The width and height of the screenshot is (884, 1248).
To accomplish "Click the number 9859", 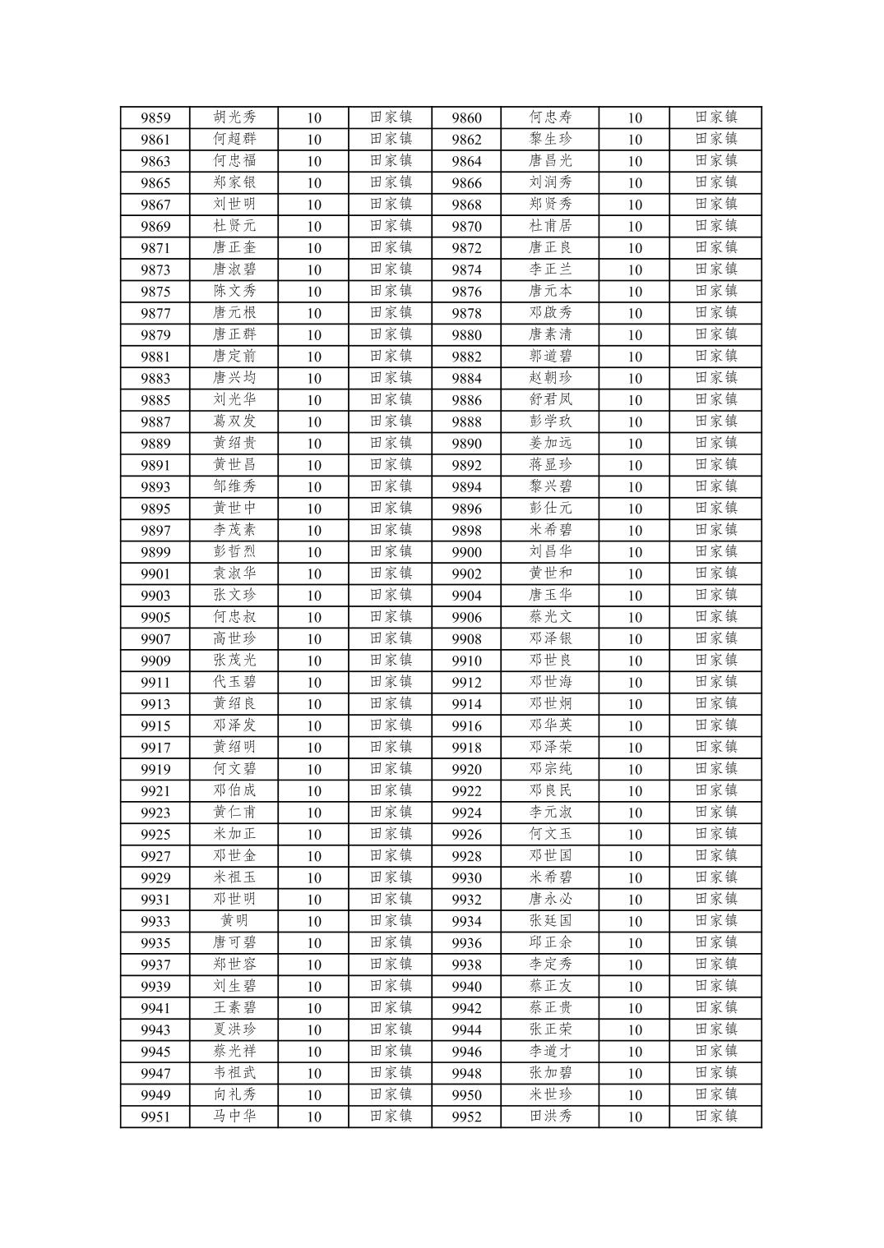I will [155, 117].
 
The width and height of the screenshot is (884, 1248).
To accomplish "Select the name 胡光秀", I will [234, 117].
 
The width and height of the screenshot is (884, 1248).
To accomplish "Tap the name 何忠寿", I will [550, 117].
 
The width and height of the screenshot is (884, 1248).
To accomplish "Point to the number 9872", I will [466, 248].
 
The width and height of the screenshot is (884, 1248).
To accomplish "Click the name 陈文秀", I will [234, 291].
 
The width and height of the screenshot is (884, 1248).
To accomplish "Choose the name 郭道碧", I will [550, 356].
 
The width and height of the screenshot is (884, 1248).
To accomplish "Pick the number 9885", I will [155, 400].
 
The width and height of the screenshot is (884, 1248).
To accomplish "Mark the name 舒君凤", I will [550, 399].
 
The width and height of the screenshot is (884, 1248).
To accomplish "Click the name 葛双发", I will [234, 421].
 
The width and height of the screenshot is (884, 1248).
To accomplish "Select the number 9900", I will [466, 552].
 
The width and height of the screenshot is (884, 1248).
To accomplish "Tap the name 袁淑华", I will [234, 573].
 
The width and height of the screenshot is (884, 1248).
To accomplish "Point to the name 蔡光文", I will [550, 617].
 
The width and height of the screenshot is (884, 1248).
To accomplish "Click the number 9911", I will [155, 683].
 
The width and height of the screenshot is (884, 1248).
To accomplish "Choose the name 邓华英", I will [550, 725].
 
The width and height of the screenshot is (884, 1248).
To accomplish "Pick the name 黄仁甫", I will [234, 813].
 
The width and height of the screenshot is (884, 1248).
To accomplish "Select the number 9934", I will [466, 921].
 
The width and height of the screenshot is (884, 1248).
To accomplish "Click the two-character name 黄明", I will [234, 921].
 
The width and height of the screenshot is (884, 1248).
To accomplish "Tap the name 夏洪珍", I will [234, 1029].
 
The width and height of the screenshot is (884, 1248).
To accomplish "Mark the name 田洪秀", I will [550, 1117].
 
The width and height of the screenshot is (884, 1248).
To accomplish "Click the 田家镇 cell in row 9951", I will [391, 1117].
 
